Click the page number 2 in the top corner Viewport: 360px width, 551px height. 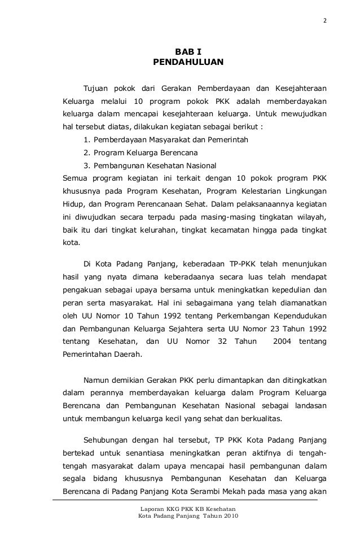[x=324, y=22]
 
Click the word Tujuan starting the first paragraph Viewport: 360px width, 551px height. [x=96, y=89]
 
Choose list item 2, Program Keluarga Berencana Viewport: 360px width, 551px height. [x=140, y=152]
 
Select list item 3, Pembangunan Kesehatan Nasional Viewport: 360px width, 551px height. [x=149, y=167]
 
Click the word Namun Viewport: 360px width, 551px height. [x=96, y=379]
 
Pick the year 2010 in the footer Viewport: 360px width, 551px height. [x=229, y=517]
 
